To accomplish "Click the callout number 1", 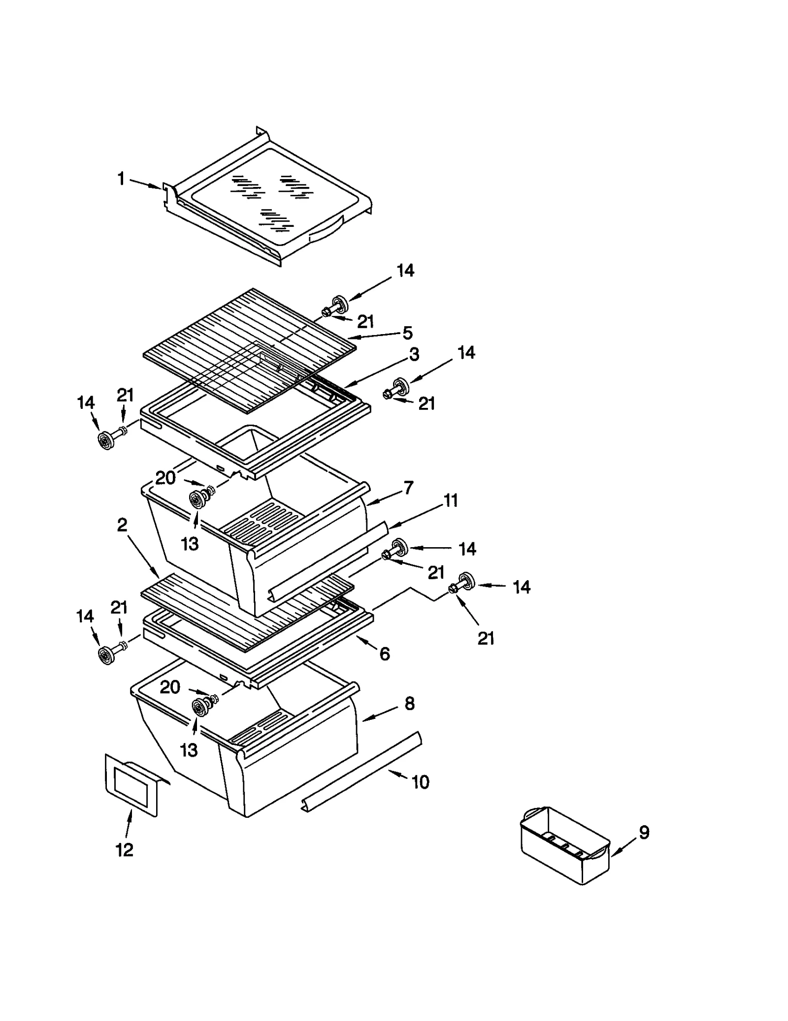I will pos(121,179).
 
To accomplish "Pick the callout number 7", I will pos(408,488).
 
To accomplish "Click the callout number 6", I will pos(385,654).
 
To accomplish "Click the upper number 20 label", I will pos(165,477).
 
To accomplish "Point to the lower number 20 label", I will pos(170,687).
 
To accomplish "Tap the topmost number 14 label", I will pos(405,270).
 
